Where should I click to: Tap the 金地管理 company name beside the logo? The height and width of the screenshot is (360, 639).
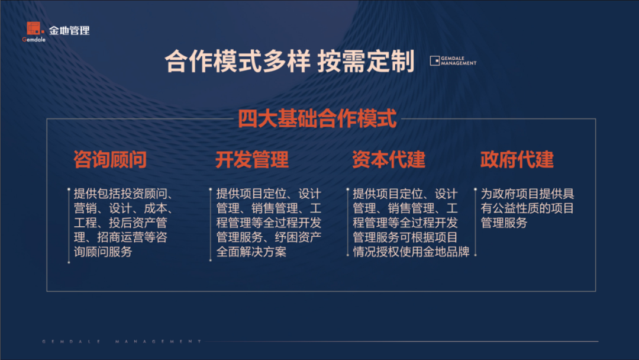click(70, 30)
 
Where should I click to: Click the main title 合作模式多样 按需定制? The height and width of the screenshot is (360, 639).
click(289, 62)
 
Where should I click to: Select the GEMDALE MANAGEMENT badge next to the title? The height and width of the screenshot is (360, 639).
click(453, 61)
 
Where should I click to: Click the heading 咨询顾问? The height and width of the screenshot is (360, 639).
click(110, 159)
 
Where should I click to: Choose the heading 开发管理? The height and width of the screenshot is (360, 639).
click(252, 159)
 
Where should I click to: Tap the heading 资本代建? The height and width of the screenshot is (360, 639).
click(389, 159)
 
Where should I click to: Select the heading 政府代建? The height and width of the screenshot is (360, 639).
click(517, 159)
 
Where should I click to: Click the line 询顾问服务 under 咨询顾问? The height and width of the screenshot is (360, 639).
click(103, 252)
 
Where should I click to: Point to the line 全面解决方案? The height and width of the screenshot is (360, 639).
click(251, 252)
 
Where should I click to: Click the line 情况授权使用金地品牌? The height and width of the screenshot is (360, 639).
click(411, 252)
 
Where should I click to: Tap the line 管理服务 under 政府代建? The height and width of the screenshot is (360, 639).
click(504, 223)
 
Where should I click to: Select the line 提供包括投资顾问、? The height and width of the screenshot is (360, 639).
click(125, 194)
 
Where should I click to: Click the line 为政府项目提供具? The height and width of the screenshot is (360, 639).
click(527, 194)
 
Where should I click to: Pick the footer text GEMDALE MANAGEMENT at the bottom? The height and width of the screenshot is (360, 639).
click(122, 342)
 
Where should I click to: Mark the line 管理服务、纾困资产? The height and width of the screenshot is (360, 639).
click(269, 237)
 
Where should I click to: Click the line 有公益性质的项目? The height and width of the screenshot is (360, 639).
click(527, 208)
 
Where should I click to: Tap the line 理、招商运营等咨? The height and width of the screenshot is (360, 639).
click(120, 237)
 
